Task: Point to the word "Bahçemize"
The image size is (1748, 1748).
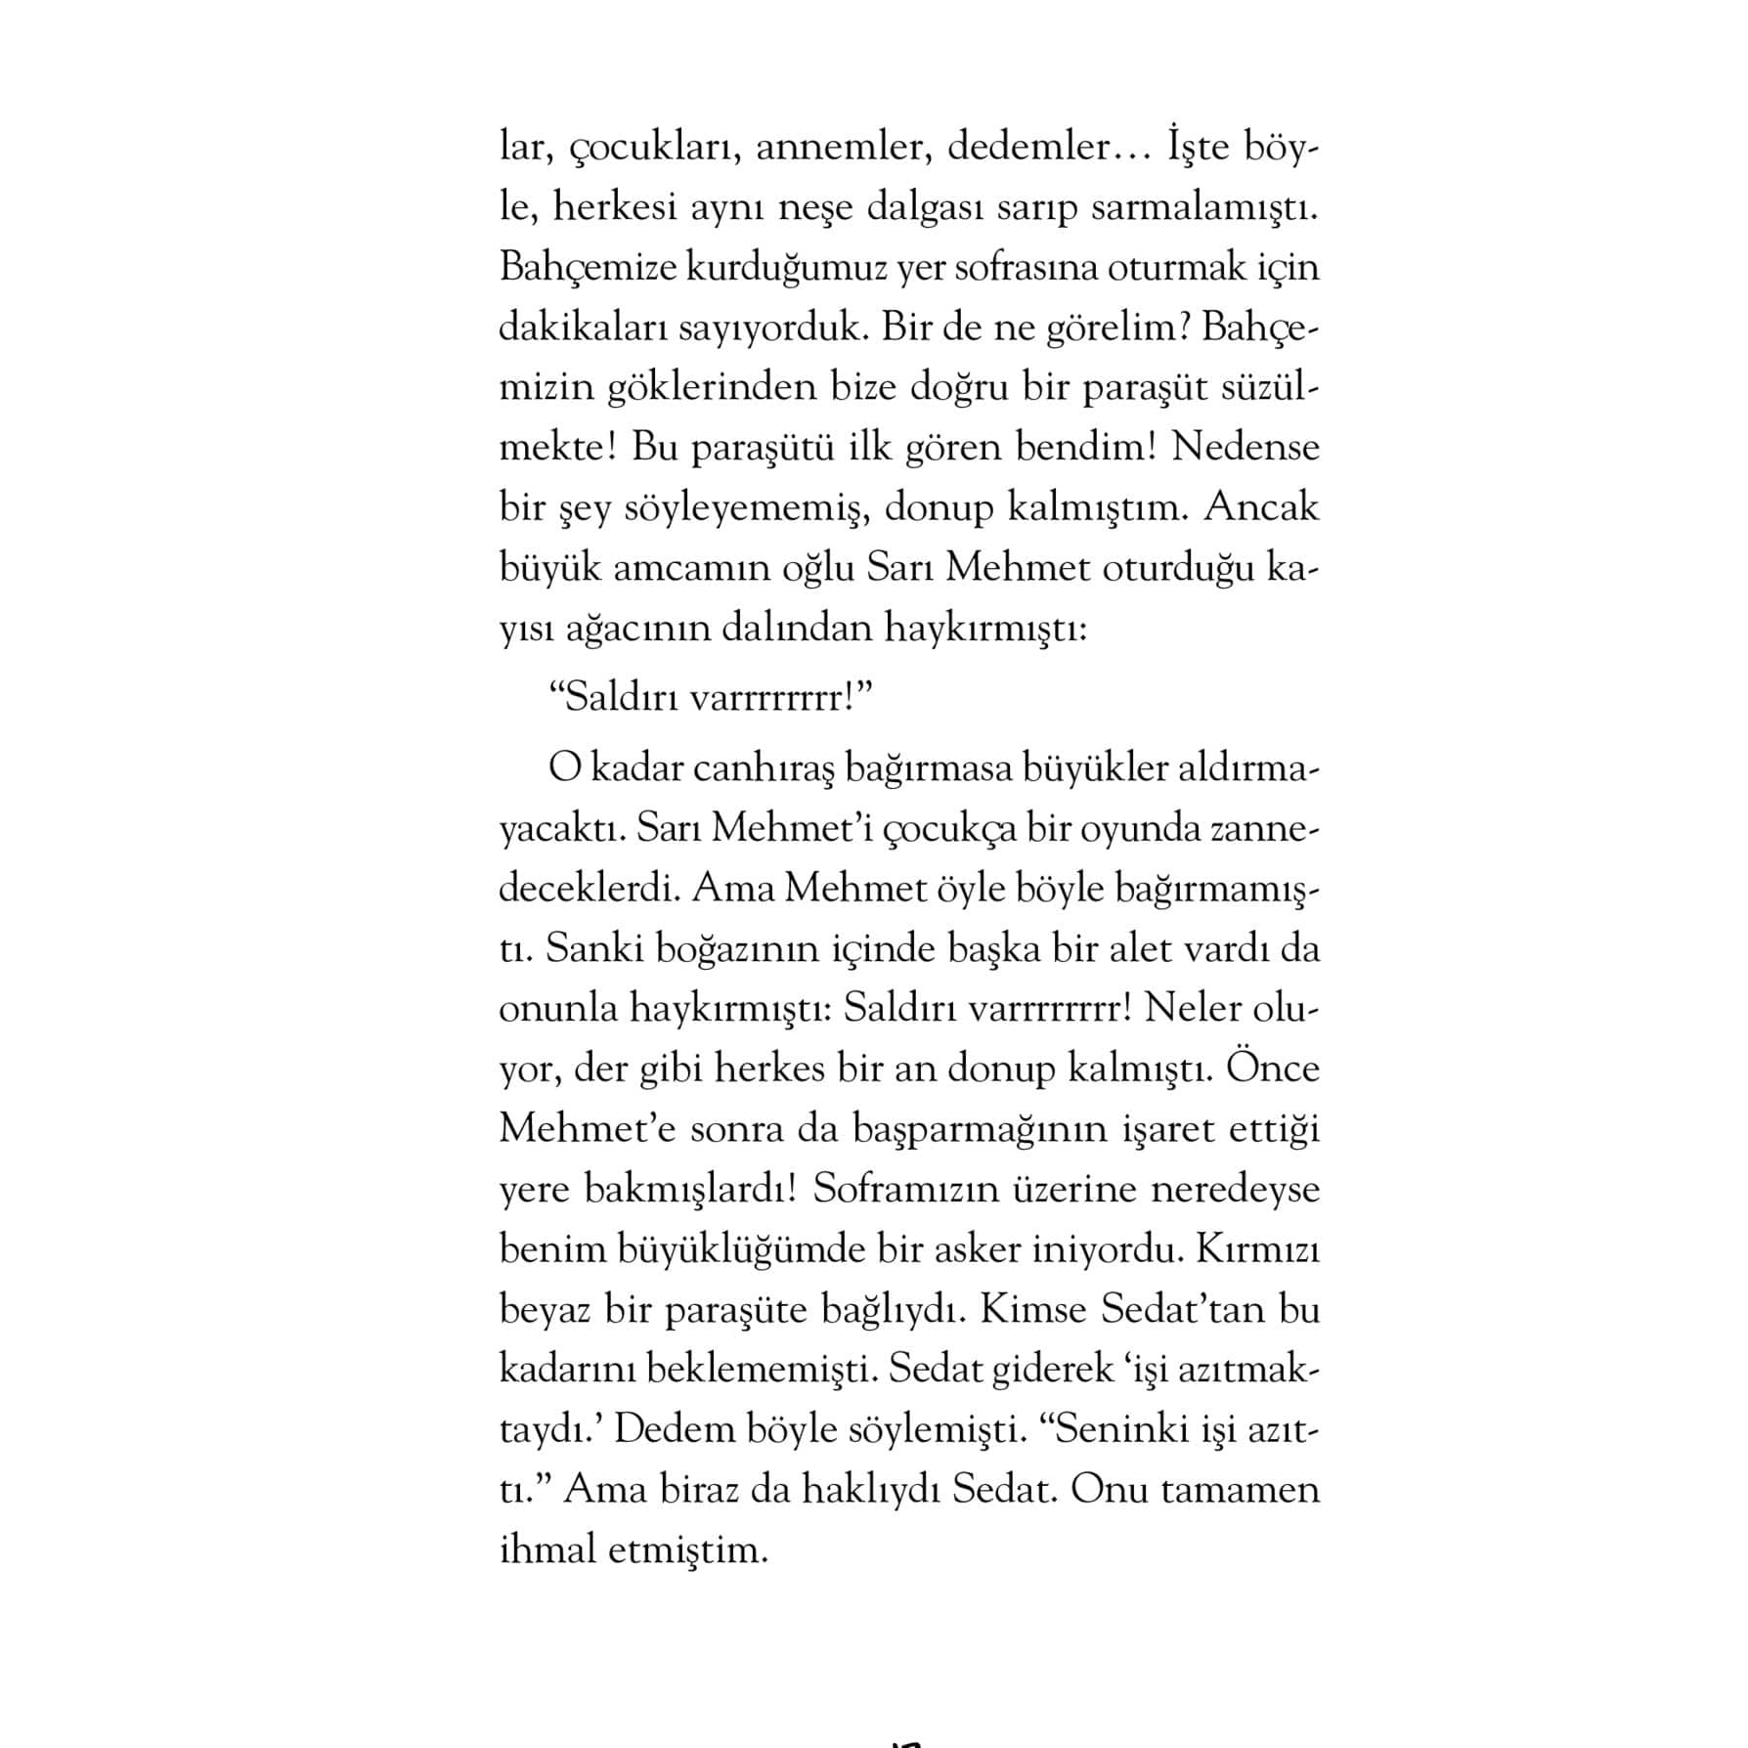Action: click(x=588, y=268)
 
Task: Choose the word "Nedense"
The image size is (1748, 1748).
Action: click(x=1245, y=448)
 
